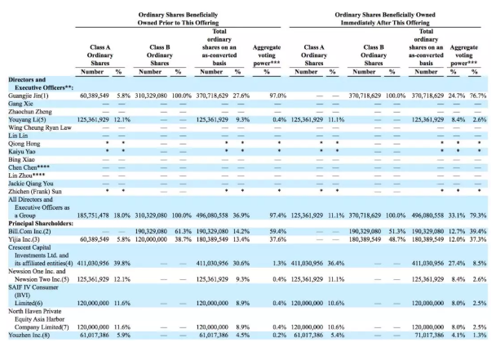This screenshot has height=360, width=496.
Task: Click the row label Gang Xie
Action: pyautogui.click(x=20, y=104)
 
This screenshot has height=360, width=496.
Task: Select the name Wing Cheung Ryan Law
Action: pyautogui.click(x=40, y=127)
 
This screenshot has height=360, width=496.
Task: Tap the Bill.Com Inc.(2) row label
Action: pyautogui.click(x=29, y=232)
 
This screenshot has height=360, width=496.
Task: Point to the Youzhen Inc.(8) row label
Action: pyautogui.click(x=29, y=335)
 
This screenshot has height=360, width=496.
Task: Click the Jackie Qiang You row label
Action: pyautogui.click(x=31, y=184)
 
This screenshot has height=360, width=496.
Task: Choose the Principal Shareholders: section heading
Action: pyautogui.click(x=41, y=224)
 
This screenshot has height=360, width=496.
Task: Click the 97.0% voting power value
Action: pyautogui.click(x=278, y=96)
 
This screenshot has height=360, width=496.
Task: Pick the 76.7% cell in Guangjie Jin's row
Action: pyautogui.click(x=478, y=96)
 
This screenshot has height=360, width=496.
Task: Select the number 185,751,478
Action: pyautogui.click(x=93, y=216)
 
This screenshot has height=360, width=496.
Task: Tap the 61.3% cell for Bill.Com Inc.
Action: pyautogui.click(x=184, y=232)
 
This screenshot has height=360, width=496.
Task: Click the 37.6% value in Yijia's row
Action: pyautogui.click(x=278, y=239)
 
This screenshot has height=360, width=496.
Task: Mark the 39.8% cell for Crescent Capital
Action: pyautogui.click(x=122, y=263)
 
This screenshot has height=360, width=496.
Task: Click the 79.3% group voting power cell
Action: pyautogui.click(x=478, y=216)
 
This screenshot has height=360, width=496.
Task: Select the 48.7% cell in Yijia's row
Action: pyautogui.click(x=397, y=239)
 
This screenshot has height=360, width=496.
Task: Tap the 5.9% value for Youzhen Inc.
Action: pyautogui.click(x=124, y=335)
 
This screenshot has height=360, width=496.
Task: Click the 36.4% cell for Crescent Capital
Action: pyautogui.click(x=336, y=263)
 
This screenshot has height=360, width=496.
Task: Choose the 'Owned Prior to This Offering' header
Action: pyautogui.click(x=178, y=23)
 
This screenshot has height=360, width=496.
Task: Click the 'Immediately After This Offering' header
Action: pyautogui.click(x=385, y=23)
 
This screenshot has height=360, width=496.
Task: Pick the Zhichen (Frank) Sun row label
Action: pyautogui.click(x=35, y=192)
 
